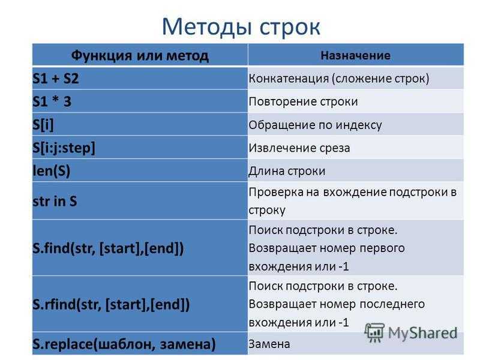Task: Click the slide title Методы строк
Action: coord(241,27)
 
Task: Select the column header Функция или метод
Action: coord(140,55)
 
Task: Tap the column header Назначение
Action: coord(355,55)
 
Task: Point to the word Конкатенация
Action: coord(289,79)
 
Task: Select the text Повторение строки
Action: coord(303,101)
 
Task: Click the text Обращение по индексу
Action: coord(316,125)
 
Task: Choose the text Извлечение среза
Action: coord(299,148)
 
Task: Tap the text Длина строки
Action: coord(287,171)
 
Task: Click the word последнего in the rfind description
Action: coord(392,304)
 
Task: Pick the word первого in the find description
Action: coord(382,248)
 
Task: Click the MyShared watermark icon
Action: coord(374,332)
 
